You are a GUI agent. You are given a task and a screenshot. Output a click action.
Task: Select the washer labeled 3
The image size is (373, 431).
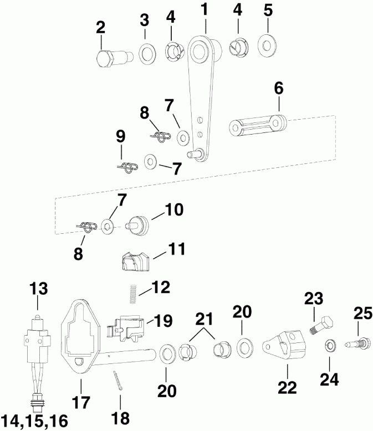(147, 54)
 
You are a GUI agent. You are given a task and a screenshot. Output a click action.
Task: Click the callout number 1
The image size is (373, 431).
(205, 10)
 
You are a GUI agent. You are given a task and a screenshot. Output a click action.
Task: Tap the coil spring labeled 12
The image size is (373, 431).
(134, 293)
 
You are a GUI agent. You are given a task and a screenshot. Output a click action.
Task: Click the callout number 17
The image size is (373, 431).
(80, 402)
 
